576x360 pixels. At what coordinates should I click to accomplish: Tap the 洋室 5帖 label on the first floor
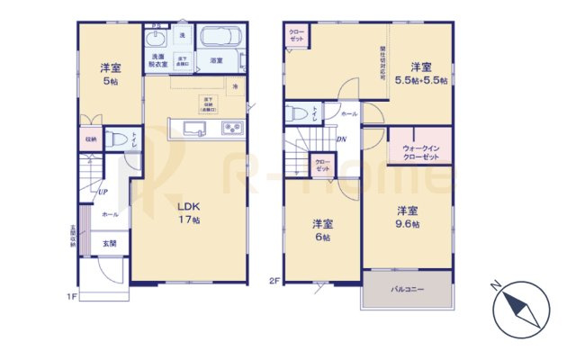click(x=110, y=75)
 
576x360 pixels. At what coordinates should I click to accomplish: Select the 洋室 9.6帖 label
click(x=408, y=217)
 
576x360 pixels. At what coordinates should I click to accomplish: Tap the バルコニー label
click(x=407, y=291)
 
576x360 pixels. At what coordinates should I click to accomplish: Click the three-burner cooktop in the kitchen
click(x=232, y=128)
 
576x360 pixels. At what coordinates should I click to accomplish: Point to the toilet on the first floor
click(x=117, y=139)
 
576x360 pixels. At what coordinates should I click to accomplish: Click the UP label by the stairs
click(x=102, y=192)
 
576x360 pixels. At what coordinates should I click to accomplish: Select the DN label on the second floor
click(x=342, y=139)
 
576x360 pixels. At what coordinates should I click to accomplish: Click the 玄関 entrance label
click(x=108, y=243)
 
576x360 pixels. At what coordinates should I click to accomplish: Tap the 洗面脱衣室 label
click(x=157, y=59)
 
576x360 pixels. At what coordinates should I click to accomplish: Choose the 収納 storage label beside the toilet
click(x=91, y=139)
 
